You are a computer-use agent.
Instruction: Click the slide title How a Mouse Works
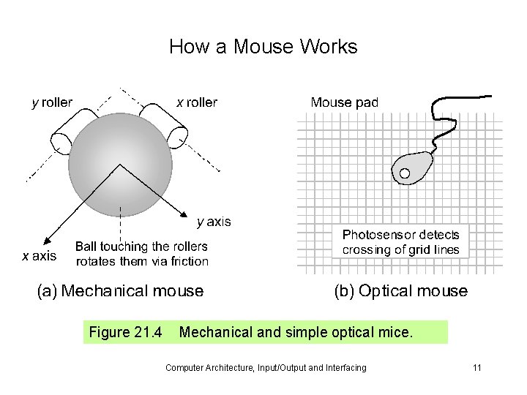coord(263,47)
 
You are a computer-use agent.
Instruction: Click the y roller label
coord(51,102)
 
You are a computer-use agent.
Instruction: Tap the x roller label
coord(197,102)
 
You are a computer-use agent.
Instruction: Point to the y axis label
coord(214,220)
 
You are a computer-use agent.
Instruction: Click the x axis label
coord(38,256)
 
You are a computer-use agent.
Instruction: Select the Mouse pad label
coord(344,102)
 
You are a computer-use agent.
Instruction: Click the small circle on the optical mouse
coord(404,173)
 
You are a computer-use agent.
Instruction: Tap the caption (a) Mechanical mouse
coord(120,291)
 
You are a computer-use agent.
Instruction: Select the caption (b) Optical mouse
coord(400,291)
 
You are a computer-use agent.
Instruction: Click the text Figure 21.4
coord(125,333)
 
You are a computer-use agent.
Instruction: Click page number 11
coord(476,367)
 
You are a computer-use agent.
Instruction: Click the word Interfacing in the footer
coord(343,367)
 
